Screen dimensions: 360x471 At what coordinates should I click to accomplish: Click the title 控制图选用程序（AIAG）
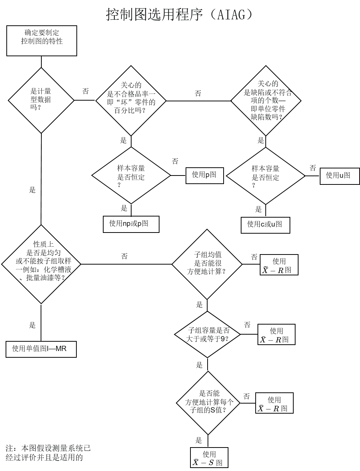[179, 15]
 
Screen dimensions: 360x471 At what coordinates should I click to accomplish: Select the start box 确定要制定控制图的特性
[42, 41]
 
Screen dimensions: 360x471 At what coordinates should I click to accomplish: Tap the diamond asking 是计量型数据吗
[41, 100]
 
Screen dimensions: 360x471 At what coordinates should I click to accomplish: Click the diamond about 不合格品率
[131, 101]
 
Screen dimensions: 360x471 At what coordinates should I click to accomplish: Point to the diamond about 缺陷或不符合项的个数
[266, 101]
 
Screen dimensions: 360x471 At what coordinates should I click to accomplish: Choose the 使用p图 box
[205, 175]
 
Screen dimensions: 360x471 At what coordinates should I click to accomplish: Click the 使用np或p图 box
[131, 224]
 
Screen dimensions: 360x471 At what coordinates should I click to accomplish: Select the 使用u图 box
[340, 176]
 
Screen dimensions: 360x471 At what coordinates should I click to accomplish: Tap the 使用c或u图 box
[265, 225]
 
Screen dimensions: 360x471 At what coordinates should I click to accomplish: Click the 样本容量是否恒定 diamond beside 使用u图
[265, 176]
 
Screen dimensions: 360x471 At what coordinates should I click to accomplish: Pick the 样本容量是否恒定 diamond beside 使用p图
[131, 176]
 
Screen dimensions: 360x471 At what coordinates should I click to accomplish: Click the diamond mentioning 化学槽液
[41, 264]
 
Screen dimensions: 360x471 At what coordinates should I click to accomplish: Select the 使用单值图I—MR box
[41, 349]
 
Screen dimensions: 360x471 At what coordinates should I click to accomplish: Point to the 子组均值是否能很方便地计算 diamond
[207, 264]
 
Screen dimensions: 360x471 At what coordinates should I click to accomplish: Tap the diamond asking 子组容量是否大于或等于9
[208, 334]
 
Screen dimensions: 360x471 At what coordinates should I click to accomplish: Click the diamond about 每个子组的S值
[208, 403]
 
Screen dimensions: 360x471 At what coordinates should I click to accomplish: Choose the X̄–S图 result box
[209, 458]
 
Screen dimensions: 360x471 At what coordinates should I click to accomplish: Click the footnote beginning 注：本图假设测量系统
[48, 453]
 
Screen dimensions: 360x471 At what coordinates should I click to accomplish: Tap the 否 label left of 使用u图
[312, 168]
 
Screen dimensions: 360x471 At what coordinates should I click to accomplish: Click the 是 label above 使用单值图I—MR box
[32, 325]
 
